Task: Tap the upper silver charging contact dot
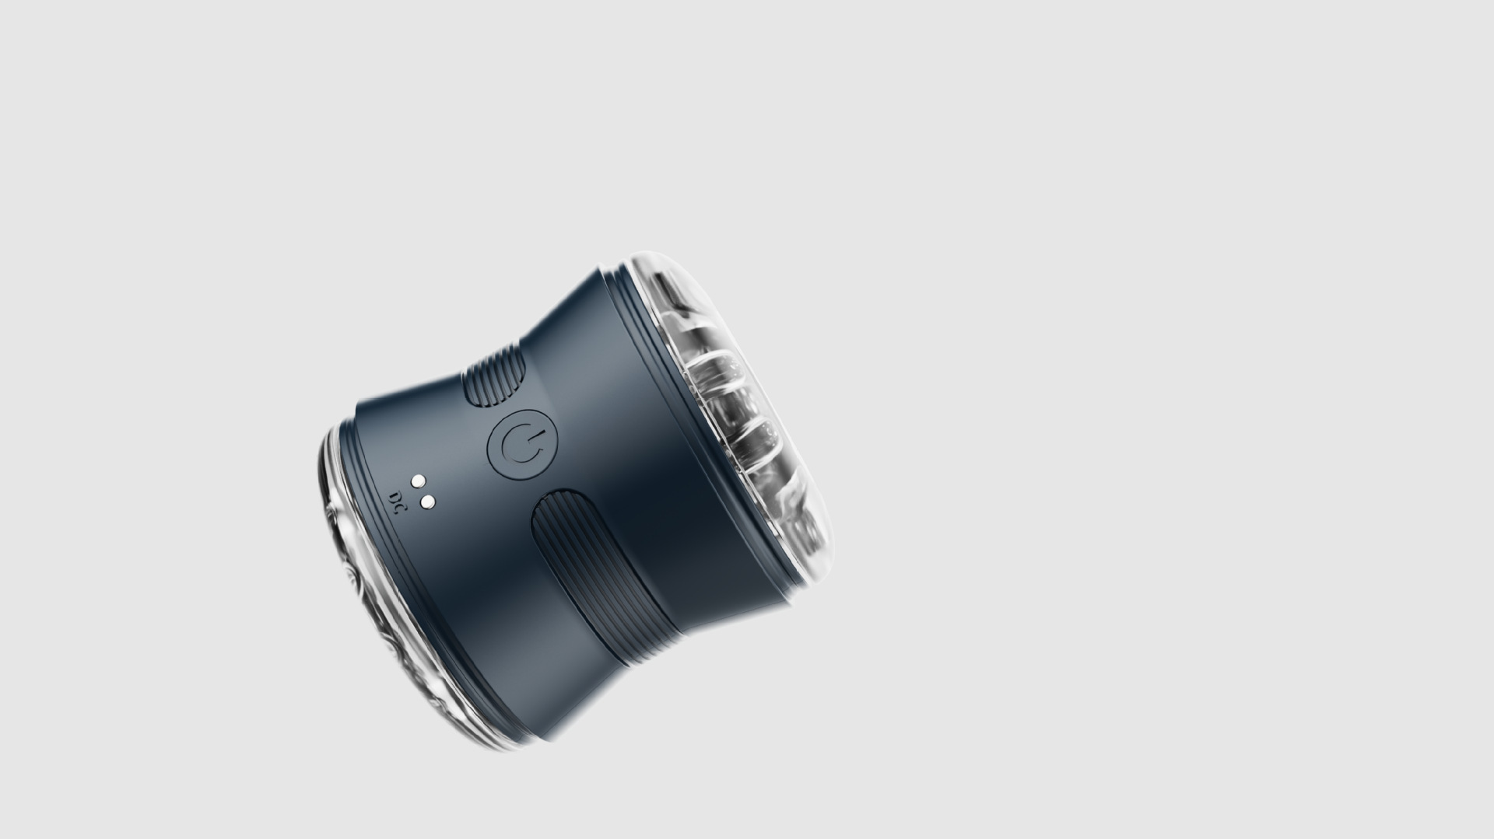point(418,481)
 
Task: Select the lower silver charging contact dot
point(426,502)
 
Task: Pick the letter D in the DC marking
point(395,493)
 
